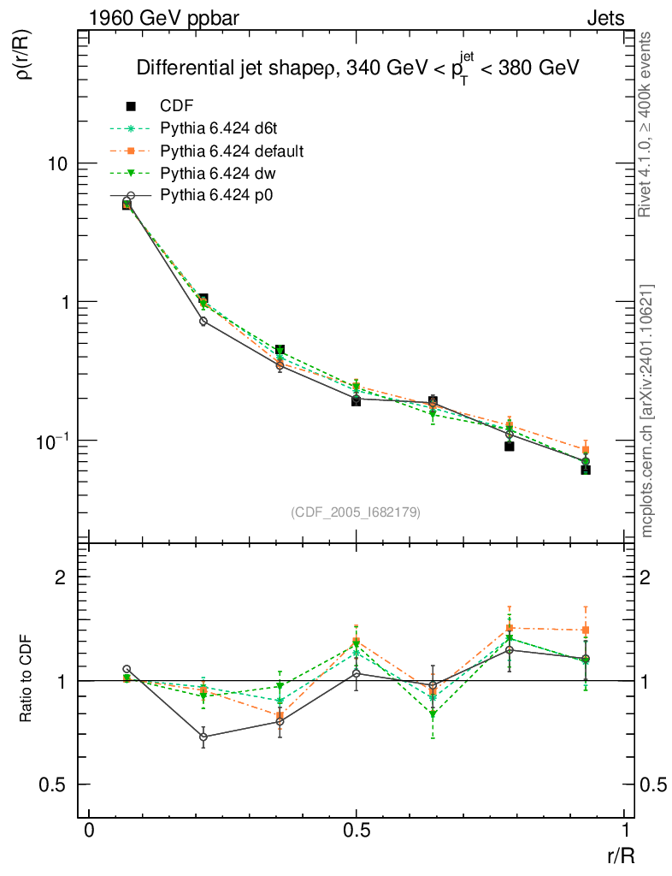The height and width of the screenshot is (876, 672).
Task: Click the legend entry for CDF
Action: pyautogui.click(x=177, y=106)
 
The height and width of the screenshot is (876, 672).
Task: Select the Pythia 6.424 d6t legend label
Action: pyautogui.click(x=221, y=129)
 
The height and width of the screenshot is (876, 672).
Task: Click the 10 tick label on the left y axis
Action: pyautogui.click(x=56, y=163)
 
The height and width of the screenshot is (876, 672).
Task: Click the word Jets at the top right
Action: pyautogui.click(x=605, y=18)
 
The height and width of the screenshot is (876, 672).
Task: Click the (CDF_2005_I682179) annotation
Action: pyautogui.click(x=356, y=512)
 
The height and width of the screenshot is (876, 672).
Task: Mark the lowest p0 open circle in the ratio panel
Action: pyautogui.click(x=203, y=737)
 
